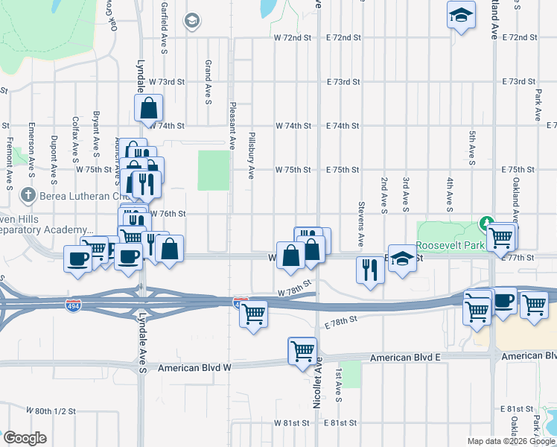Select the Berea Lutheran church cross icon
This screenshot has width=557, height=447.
pyautogui.click(x=28, y=195)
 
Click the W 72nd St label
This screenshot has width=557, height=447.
pyautogui.click(x=292, y=37)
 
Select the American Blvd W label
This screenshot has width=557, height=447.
pyautogui.click(x=197, y=368)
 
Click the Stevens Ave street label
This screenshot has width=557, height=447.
pyautogui.click(x=361, y=223)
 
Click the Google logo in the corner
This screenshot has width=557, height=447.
pyautogui.click(x=24, y=438)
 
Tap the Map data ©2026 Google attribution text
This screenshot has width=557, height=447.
pyautogui.click(x=510, y=441)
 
